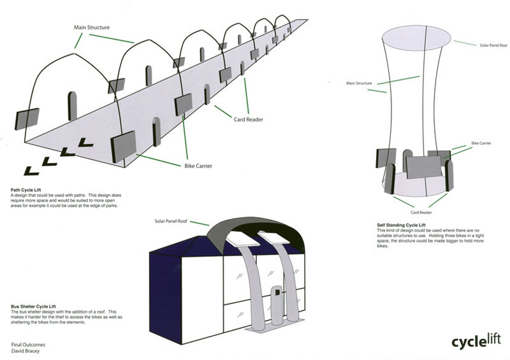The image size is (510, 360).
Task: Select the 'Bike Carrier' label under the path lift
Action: pos(194,166)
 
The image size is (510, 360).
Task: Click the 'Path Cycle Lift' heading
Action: pos(27,189)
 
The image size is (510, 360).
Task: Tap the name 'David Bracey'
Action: pos(25,350)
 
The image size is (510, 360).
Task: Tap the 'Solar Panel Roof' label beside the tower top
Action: pos(493,45)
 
